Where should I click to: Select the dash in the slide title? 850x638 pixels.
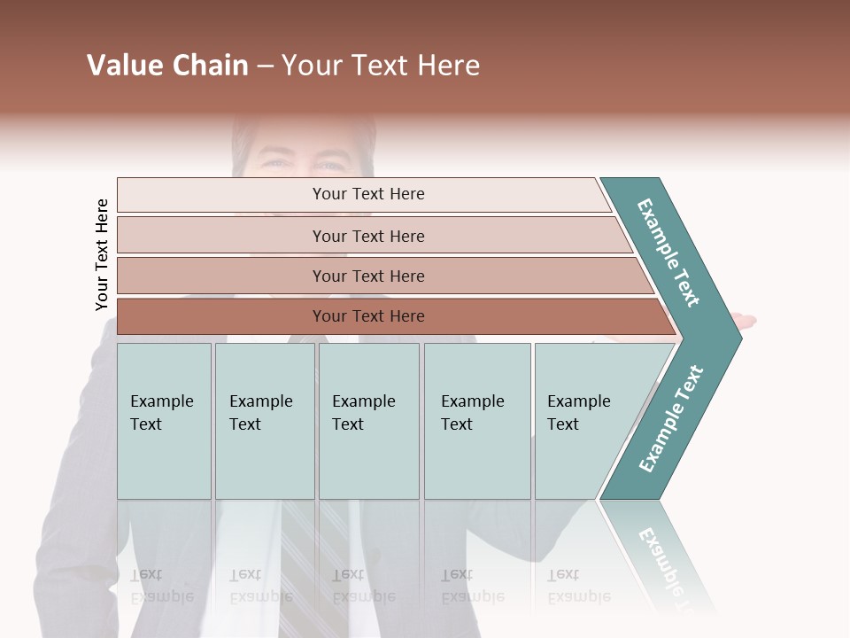265,66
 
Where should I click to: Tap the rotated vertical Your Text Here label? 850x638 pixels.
102,255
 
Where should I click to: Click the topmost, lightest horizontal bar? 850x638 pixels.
367,194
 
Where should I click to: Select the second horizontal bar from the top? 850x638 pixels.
367,236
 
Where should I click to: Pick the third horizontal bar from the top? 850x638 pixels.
367,276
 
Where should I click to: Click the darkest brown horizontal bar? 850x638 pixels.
367,316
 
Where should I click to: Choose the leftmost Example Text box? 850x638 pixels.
164,421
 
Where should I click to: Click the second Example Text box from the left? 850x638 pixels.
265,421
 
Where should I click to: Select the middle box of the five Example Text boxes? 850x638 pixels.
368,421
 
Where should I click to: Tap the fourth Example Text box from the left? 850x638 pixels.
477,421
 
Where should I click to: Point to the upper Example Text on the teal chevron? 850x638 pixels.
669,253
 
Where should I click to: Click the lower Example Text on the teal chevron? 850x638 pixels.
671,419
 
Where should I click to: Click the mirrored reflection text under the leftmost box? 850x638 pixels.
162,586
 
